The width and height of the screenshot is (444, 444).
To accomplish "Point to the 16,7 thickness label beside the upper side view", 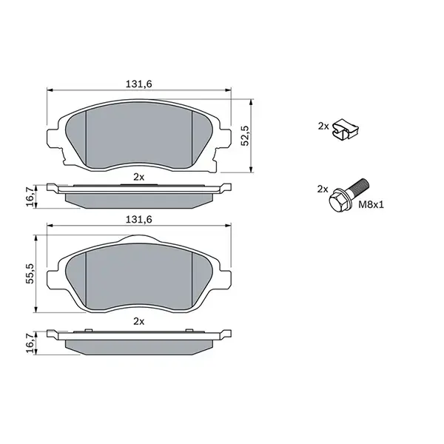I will [30, 196].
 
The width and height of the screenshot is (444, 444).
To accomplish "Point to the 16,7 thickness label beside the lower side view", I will [30, 341].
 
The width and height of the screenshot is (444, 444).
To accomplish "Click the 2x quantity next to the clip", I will [323, 127].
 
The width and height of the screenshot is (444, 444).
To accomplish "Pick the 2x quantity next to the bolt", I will [323, 189].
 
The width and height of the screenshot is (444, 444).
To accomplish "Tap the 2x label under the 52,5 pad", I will [138, 177].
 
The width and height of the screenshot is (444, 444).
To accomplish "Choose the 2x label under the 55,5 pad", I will [138, 321].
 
